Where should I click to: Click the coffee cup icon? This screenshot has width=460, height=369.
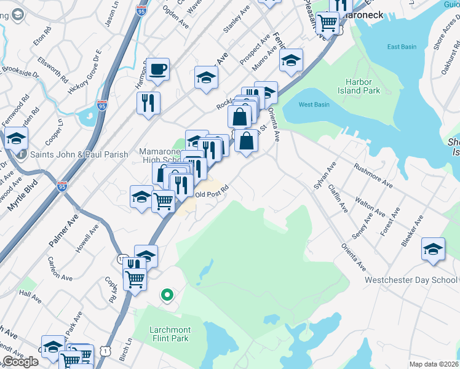157,69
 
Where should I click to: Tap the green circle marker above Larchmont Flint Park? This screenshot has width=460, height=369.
166,295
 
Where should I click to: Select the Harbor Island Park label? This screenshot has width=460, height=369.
363,85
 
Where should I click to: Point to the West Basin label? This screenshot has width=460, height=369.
312,105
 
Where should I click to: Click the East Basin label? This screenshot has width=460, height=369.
402,47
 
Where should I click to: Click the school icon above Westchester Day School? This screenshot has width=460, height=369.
433,249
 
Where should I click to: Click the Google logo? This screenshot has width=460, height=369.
20,362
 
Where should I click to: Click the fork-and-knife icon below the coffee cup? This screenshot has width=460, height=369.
148,103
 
